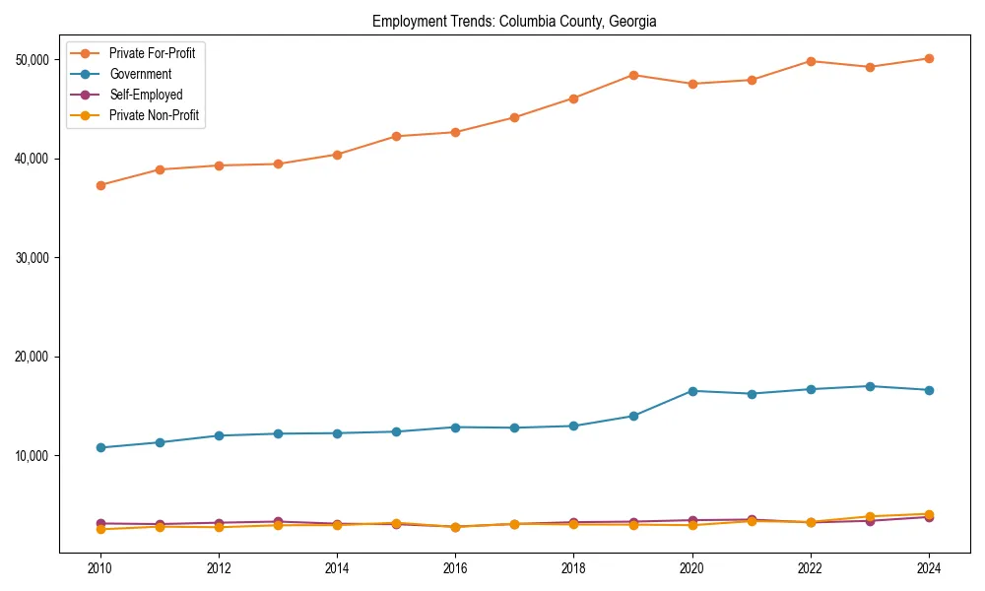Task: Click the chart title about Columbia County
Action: pyautogui.click(x=514, y=21)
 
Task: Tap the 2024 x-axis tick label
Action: pyautogui.click(x=929, y=568)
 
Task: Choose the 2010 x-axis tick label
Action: pyautogui.click(x=99, y=568)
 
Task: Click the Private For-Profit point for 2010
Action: pyautogui.click(x=100, y=185)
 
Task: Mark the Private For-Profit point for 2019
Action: pyautogui.click(x=633, y=75)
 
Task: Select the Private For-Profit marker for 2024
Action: pyautogui.click(x=929, y=58)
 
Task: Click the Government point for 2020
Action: pyautogui.click(x=692, y=391)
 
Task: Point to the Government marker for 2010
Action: pyautogui.click(x=100, y=447)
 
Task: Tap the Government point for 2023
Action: pyautogui.click(x=870, y=386)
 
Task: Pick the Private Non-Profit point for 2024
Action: pyautogui.click(x=929, y=514)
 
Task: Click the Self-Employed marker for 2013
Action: pyautogui.click(x=278, y=522)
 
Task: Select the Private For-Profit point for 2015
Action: pyautogui.click(x=396, y=136)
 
